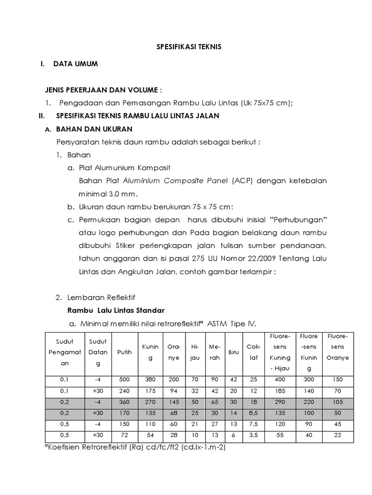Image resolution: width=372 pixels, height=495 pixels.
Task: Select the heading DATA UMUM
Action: (x=76, y=64)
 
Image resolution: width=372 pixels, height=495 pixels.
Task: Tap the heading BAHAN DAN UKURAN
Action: (x=94, y=130)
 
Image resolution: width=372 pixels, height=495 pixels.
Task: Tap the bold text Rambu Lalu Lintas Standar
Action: (x=115, y=310)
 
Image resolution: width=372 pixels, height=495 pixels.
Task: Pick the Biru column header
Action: (x=233, y=353)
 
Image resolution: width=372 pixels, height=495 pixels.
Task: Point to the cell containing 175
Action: (x=150, y=391)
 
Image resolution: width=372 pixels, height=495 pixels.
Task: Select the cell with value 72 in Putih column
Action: (x=124, y=435)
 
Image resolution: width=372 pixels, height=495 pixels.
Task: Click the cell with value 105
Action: (x=338, y=401)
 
